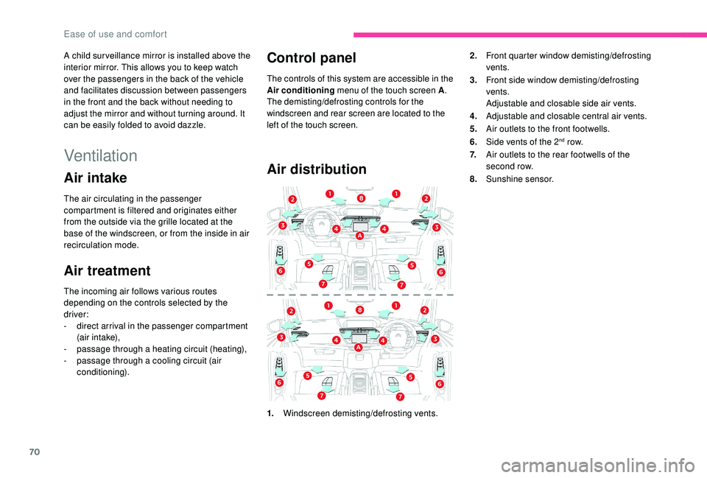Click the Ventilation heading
tap(101, 155)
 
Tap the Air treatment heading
tap(108, 270)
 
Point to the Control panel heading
tap(312, 57)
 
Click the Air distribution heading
tap(317, 169)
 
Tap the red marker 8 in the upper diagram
tap(361, 199)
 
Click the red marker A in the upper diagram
tap(360, 236)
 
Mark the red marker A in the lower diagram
tap(358, 347)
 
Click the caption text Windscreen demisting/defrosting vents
tap(359, 413)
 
